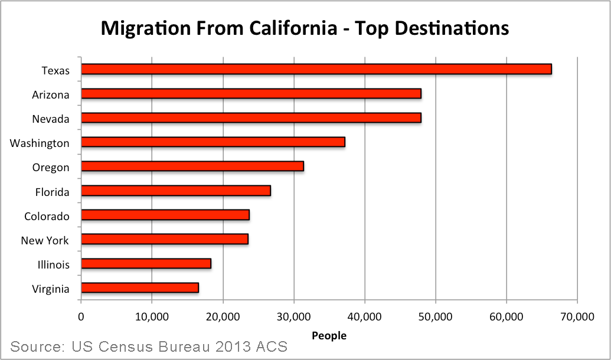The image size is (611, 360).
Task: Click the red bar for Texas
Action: point(316,70)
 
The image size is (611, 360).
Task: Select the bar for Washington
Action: point(213,142)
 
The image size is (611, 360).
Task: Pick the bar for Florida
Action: point(175,191)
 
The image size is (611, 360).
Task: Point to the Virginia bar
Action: point(139,288)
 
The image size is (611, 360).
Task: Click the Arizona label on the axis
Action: point(51,95)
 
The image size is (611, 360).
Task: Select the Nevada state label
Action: point(51,119)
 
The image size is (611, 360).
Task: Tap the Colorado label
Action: point(47,216)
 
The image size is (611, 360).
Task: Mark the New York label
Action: point(45,240)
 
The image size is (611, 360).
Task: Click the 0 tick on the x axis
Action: point(81,317)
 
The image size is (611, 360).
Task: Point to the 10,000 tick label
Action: point(152,317)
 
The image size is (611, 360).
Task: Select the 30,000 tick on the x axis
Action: point(293,317)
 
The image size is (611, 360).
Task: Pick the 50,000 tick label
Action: point(435,317)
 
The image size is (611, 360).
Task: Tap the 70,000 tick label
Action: point(576,317)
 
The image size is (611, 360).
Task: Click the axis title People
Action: point(329,336)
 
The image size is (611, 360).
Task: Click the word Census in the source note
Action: point(130,346)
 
